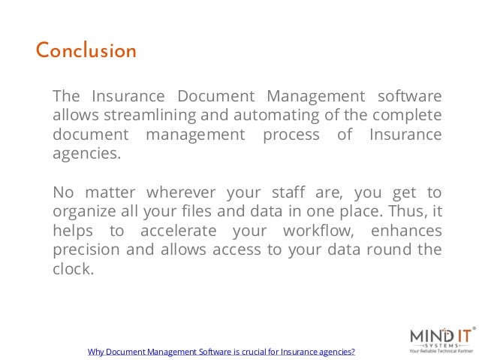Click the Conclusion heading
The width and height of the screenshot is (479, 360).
pyautogui.click(x=86, y=51)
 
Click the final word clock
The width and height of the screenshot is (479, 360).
pyautogui.click(x=72, y=268)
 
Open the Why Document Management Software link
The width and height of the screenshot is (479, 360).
pyautogui.click(x=221, y=351)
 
